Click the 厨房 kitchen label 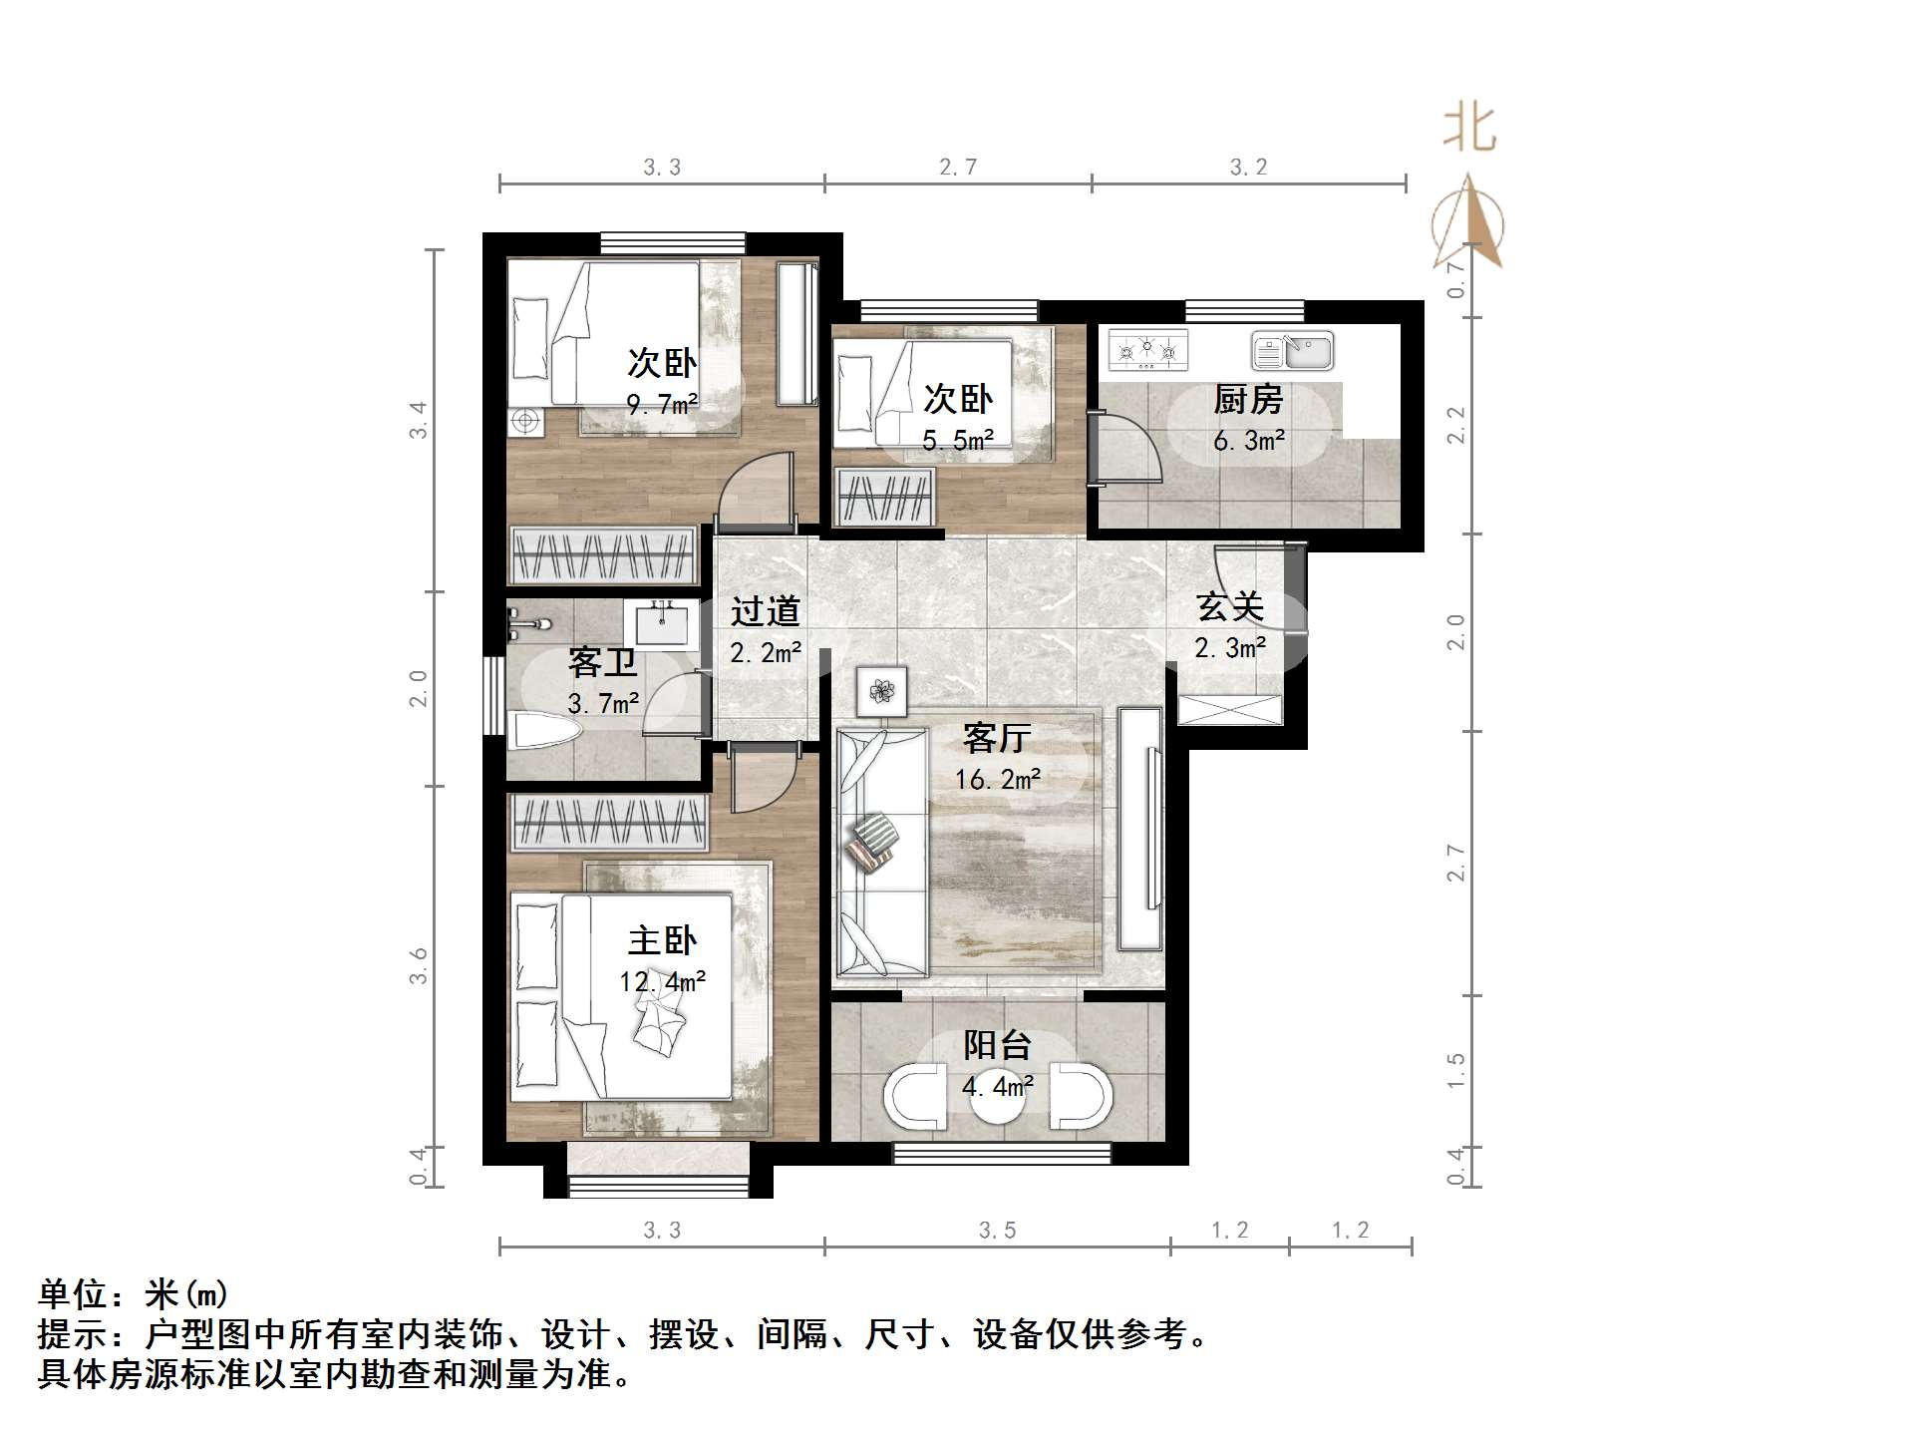point(1247,400)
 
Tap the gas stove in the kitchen point(1148,350)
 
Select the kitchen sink point(1293,351)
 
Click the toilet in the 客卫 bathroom point(543,730)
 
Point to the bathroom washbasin point(660,625)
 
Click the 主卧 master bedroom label point(662,940)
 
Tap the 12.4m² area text point(662,982)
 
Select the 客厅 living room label point(996,738)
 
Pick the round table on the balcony point(997,1097)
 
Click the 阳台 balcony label point(997,1045)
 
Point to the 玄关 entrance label point(1230,606)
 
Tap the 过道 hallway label point(765,611)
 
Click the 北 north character point(1469,129)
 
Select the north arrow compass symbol point(1468,224)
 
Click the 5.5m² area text point(957,441)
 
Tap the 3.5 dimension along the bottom point(997,1231)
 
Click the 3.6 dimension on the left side point(419,965)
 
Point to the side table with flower point(882,690)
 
